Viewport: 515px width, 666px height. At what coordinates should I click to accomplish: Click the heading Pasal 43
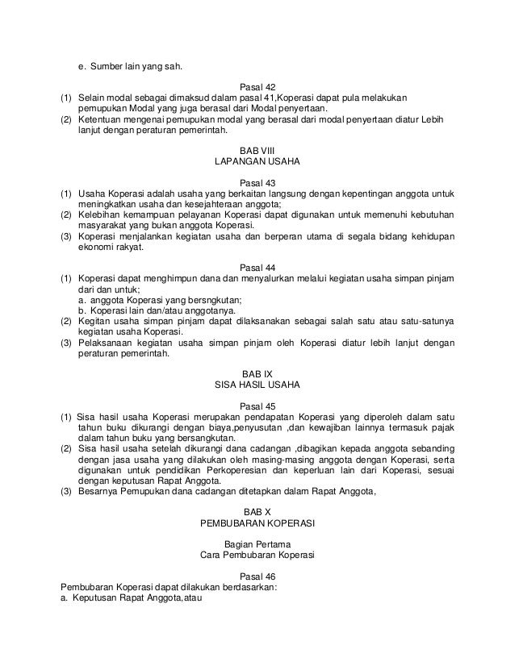[257, 181]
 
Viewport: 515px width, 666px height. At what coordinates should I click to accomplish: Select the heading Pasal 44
[257, 267]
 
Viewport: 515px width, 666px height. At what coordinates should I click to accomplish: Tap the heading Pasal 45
[257, 406]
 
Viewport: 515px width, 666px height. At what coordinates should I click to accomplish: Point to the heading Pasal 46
[257, 576]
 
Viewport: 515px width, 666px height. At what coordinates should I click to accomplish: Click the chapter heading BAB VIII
[257, 150]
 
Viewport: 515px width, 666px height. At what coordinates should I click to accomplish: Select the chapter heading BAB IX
[257, 373]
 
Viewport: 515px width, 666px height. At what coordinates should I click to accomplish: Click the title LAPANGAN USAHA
[257, 161]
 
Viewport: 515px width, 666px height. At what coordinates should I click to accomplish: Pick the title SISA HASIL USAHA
[257, 385]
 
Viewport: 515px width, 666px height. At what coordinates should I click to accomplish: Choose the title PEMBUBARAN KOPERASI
[257, 522]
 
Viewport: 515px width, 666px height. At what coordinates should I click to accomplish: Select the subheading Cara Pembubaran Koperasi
[257, 555]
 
